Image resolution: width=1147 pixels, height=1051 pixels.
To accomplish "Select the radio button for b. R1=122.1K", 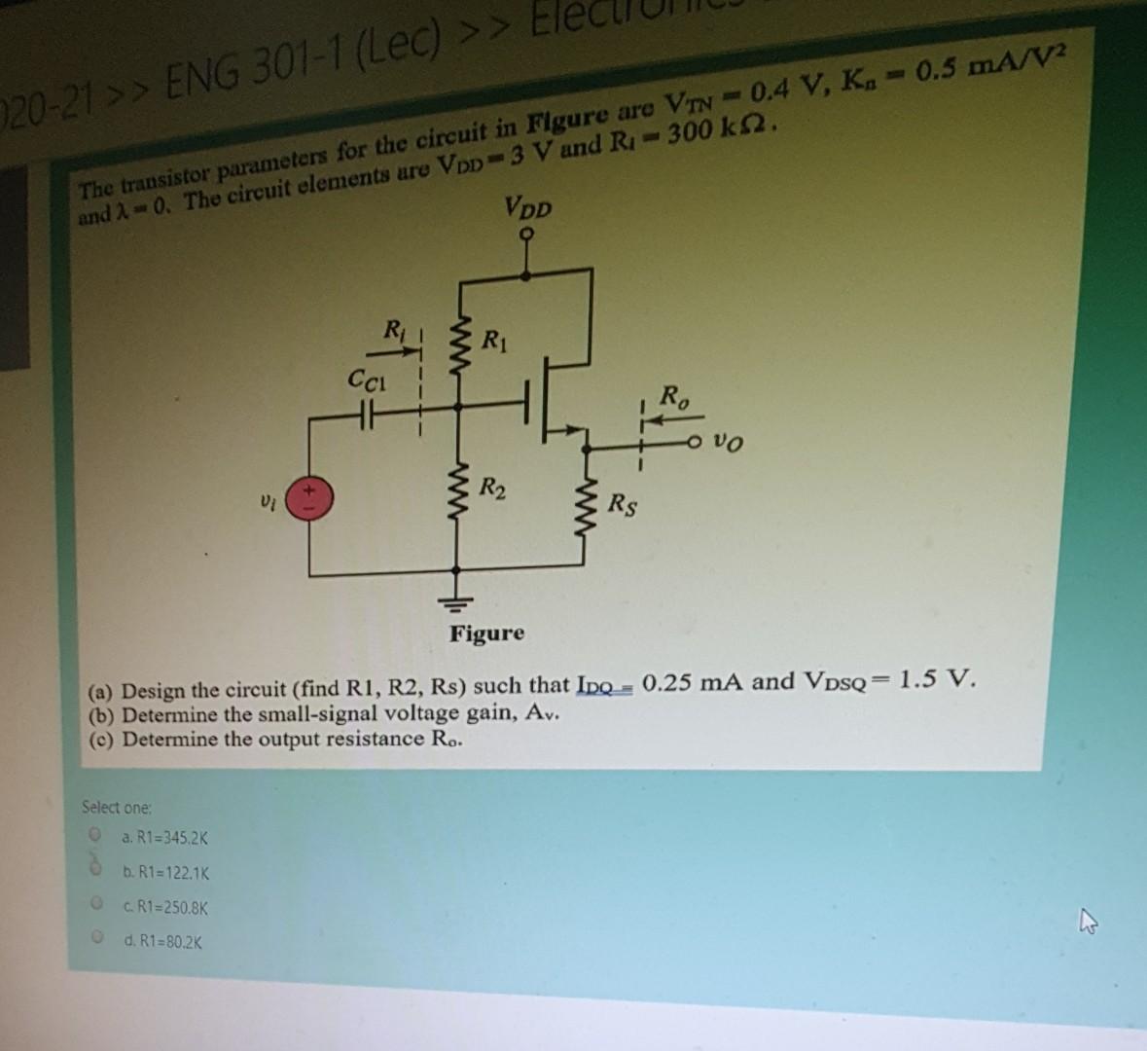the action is click(95, 869).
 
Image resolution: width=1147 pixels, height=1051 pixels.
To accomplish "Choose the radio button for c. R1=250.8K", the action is click(95, 904).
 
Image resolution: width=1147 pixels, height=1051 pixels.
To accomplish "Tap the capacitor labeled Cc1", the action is click(366, 413).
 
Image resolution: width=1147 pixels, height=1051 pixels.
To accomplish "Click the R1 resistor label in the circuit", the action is click(494, 340).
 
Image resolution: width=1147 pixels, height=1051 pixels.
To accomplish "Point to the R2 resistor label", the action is click(492, 487).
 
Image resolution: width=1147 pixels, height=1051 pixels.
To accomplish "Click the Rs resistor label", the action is click(624, 504).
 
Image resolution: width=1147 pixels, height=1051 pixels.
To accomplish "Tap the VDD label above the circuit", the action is click(528, 207).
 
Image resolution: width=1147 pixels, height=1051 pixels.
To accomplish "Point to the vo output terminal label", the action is click(726, 443).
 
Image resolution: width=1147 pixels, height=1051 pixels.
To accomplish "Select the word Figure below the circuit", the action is click(486, 634).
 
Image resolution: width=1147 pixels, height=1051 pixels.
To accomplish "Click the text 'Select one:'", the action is click(117, 807).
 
